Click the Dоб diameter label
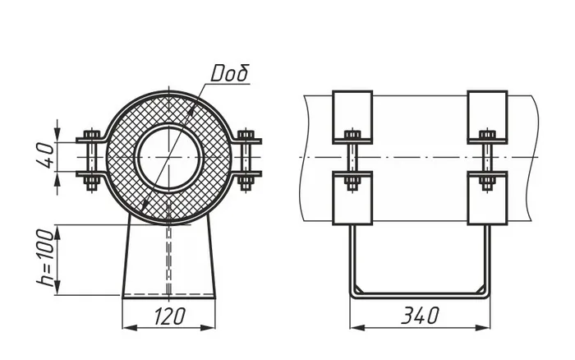230,73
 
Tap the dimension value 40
48,155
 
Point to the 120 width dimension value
169,316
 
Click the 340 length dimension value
420,316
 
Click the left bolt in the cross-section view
91,160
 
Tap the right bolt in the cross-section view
246,160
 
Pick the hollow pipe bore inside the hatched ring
169,157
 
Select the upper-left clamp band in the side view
352,117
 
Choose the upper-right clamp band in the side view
487,117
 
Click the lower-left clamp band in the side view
352,198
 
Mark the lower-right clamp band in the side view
487,198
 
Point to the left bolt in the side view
352,160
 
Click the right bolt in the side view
487,160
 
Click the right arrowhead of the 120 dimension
208,327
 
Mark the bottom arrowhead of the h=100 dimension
57,288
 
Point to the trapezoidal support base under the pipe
169,257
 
